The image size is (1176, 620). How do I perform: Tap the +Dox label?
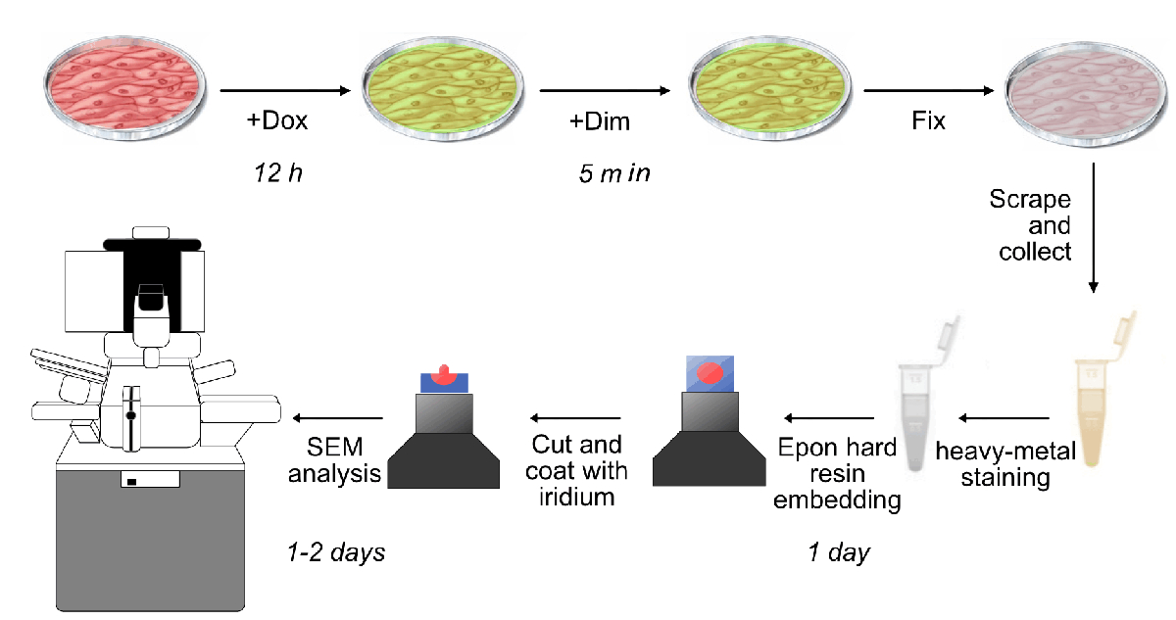(x=277, y=121)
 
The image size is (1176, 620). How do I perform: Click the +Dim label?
(x=600, y=121)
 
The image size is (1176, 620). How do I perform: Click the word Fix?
(x=929, y=121)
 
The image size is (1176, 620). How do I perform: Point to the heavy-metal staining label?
(x=1004, y=465)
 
